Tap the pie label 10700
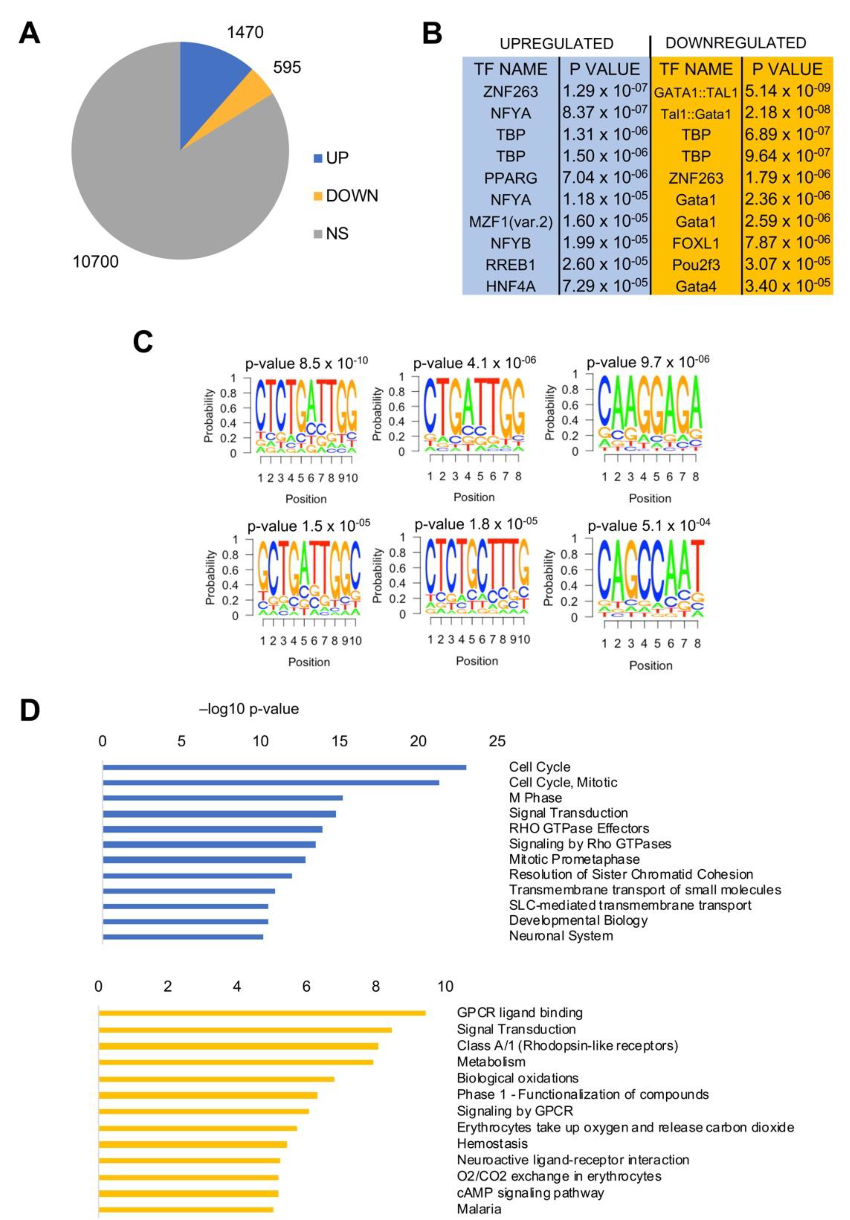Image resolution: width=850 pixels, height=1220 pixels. pos(96,261)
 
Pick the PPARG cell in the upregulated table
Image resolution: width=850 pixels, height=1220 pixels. pos(510,178)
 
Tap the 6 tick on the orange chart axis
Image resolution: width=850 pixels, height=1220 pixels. pos(306,987)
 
